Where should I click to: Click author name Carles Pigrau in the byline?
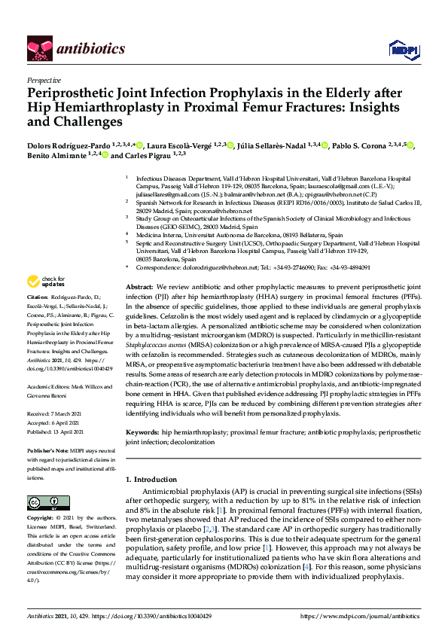pos(144,156)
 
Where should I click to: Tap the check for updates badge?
pos(45,282)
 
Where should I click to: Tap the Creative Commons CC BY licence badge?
pos(48,503)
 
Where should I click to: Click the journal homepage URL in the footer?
pos(358,615)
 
